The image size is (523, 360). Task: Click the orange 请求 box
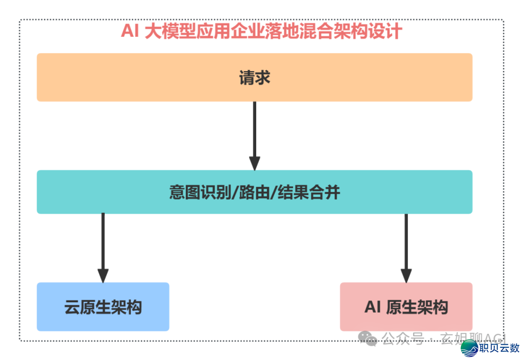[254, 78]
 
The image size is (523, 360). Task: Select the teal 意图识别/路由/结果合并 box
[254, 192]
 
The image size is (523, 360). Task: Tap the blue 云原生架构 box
[103, 307]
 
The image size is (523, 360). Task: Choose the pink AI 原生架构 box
[406, 307]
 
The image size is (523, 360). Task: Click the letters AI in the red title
[130, 31]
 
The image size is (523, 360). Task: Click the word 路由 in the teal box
[254, 192]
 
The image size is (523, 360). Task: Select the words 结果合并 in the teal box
[308, 192]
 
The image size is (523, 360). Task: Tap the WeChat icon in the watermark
[370, 338]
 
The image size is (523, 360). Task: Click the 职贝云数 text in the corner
[499, 348]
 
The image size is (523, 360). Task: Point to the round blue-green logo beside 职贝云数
[469, 348]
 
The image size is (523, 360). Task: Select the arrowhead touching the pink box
[406, 276]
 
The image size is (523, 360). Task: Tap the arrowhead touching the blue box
[103, 276]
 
